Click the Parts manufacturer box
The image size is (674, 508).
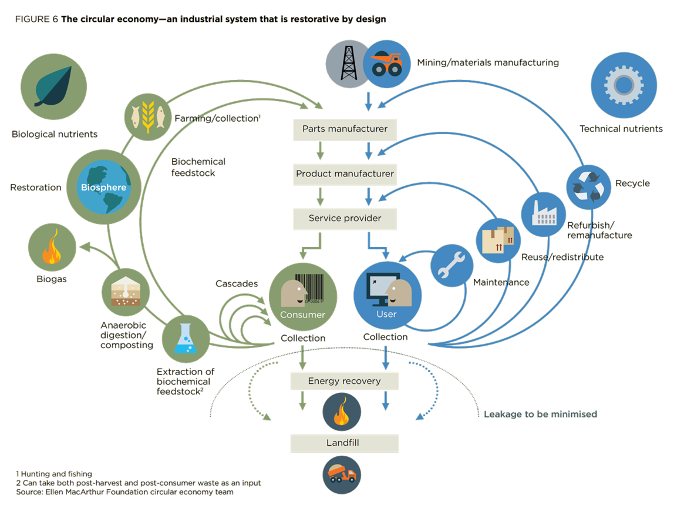345,129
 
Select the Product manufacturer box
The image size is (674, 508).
345,174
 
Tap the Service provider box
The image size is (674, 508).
345,219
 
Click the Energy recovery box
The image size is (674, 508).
345,381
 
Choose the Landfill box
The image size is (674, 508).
345,443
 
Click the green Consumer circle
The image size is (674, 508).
303,297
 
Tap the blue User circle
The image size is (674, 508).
387,297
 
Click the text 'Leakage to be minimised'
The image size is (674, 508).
540,414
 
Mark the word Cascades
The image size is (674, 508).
237,284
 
